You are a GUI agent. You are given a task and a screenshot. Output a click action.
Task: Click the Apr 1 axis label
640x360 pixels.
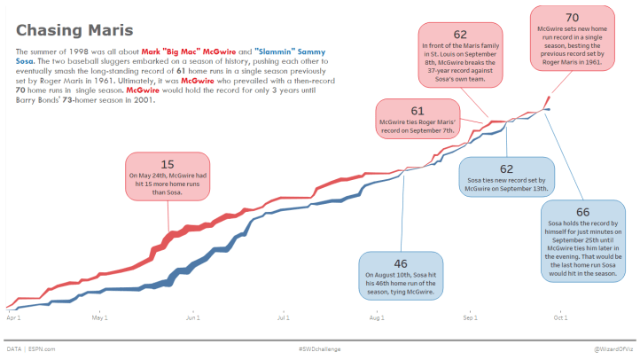click(x=13, y=317)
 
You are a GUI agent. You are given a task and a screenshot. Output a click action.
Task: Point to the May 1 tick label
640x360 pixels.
click(x=100, y=317)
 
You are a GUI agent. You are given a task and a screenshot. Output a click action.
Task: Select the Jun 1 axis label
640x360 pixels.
click(x=191, y=317)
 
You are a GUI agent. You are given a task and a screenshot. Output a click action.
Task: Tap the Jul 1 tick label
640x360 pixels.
click(x=284, y=317)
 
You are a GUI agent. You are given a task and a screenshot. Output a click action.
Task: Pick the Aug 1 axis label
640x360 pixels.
click(x=376, y=317)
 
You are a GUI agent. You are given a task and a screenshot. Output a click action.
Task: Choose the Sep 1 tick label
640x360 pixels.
click(x=469, y=317)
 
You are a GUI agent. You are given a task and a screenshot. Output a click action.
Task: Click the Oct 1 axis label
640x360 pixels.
click(x=560, y=317)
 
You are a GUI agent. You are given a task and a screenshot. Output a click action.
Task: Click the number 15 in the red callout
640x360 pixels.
click(x=168, y=164)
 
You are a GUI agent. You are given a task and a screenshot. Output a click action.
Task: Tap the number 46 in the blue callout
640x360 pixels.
click(x=401, y=263)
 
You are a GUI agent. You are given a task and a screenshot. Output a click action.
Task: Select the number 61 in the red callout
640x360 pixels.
click(x=418, y=111)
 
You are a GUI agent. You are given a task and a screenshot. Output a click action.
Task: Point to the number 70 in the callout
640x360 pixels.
click(x=572, y=17)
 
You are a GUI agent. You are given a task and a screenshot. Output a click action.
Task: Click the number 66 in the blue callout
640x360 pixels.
click(x=582, y=212)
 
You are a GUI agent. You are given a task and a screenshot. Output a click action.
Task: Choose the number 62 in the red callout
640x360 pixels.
click(x=460, y=34)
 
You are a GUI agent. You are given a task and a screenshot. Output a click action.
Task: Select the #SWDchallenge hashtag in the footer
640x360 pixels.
click(x=319, y=349)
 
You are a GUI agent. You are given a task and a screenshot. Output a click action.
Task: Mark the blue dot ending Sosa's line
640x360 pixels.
click(x=549, y=109)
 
